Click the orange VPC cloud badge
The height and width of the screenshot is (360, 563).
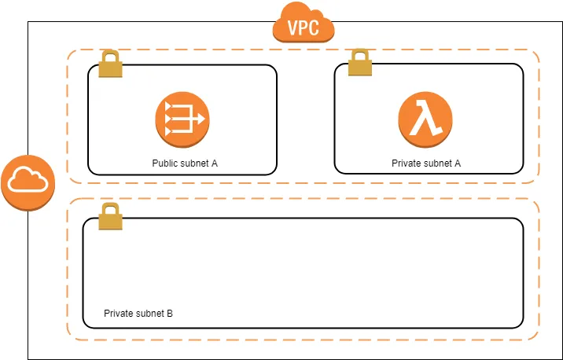point(304,24)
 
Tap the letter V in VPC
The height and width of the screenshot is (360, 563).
point(293,28)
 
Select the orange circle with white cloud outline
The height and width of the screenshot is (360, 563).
point(28,182)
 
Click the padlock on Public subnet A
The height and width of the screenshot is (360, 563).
point(111,65)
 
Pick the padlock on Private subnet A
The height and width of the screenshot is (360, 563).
point(359,64)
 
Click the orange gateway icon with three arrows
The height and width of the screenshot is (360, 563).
point(182,120)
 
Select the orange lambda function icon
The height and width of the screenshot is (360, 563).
point(425,120)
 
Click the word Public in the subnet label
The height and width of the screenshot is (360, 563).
point(165,163)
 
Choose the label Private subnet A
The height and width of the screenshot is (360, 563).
point(425,163)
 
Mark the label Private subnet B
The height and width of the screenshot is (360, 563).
point(138,314)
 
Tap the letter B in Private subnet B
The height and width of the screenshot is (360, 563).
point(170,314)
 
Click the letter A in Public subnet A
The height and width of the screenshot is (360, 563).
point(214,163)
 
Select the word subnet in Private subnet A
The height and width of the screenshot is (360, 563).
point(436,163)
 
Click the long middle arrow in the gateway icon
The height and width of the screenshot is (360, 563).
point(186,120)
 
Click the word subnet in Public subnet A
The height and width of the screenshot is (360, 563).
point(193,163)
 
